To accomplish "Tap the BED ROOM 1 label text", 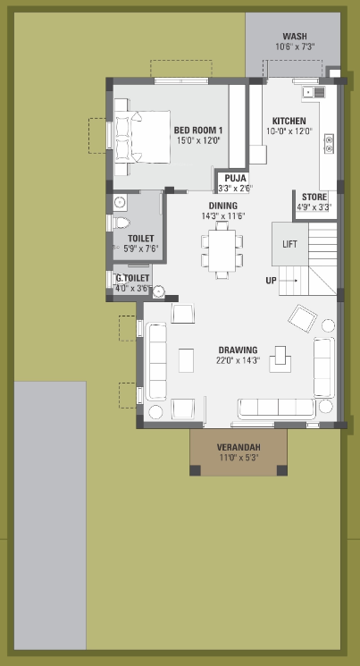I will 197,131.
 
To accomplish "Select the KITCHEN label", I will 289,121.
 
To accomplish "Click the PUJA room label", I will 235,178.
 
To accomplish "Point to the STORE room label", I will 314,197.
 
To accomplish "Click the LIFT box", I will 289,243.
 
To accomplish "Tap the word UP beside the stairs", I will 271,281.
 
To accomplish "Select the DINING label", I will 222,206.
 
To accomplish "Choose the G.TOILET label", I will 132,279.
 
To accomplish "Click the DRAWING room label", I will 237,350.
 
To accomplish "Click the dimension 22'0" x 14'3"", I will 237,360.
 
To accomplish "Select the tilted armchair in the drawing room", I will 302,317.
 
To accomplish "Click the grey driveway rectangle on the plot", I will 50,514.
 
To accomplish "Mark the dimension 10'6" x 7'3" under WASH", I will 295,46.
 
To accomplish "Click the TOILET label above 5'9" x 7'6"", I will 141,238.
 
